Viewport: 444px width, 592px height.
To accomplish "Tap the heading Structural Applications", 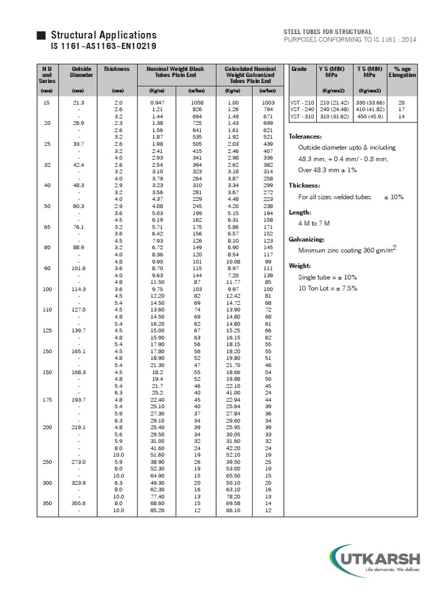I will (104, 35).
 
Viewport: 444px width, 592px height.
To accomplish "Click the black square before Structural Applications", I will (40, 36).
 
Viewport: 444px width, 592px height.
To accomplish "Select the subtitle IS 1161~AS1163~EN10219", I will (103, 46).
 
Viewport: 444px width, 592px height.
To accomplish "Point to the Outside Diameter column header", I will (81, 72).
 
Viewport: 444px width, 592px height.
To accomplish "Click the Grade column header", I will (299, 69).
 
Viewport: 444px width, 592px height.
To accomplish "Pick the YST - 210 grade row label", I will (301, 102).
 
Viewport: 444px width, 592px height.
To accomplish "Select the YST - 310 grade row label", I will (301, 116).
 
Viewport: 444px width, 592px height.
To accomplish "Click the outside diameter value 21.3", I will (79, 102).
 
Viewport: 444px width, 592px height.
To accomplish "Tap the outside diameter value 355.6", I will (79, 504).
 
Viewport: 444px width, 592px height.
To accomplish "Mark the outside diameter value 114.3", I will (79, 288).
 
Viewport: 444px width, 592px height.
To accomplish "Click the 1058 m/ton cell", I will (197, 102).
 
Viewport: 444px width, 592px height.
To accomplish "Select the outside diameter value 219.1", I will (79, 427).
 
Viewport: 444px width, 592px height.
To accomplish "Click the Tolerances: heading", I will (305, 137).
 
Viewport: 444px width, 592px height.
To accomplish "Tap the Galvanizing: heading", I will (306, 239).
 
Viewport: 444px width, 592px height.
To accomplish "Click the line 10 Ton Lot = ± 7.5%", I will (328, 288).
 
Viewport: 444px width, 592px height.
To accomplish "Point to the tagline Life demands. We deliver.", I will (391, 570).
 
